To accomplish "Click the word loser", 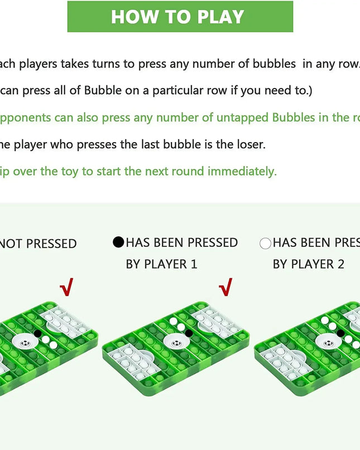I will [x=248, y=144].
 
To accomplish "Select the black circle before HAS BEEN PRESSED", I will [x=118, y=242].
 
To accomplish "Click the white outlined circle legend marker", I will [x=266, y=243].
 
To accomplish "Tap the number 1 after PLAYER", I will [x=193, y=264].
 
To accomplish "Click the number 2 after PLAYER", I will [x=340, y=264].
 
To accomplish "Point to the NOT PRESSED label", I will [x=38, y=244].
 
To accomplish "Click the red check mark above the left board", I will [x=66, y=288].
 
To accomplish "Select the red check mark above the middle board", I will [x=225, y=288].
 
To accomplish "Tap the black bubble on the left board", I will [x=37, y=333].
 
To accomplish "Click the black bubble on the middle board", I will [x=189, y=333].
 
